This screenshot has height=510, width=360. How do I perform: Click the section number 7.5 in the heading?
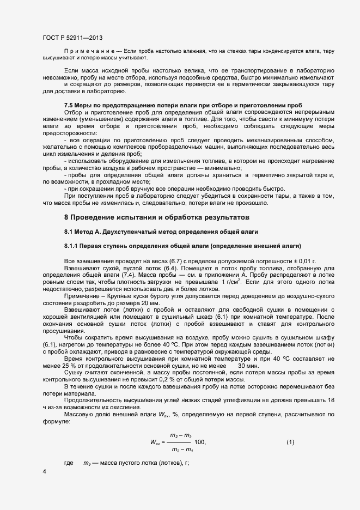[x=69, y=105]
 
